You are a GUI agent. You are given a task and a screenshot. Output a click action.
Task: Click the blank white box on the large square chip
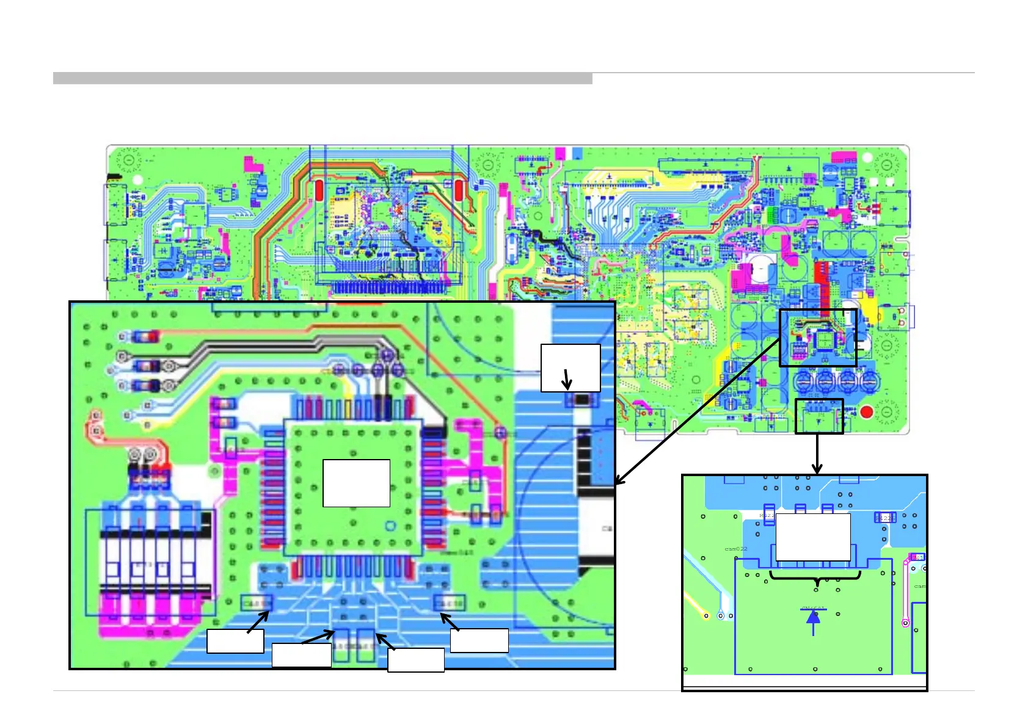point(356,483)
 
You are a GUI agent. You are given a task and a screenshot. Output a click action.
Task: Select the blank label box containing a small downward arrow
point(571,367)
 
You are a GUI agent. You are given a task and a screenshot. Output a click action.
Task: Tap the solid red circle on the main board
point(866,412)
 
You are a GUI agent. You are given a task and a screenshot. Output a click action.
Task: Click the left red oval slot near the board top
point(318,190)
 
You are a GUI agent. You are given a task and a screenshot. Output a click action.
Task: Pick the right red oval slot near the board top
point(459,190)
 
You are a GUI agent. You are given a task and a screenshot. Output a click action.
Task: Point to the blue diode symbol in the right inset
point(813,617)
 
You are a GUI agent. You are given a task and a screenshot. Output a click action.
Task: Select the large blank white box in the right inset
point(812,537)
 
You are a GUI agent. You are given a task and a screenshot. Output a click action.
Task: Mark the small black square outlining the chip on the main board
point(818,338)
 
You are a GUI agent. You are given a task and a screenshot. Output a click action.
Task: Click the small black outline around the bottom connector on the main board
point(819,416)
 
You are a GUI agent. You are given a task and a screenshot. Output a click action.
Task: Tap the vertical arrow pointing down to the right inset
point(817,454)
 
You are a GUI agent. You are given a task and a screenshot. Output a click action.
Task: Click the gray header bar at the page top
point(323,78)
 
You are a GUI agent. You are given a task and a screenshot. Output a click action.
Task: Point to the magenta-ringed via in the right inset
point(905,623)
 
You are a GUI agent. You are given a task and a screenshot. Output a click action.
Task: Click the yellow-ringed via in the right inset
point(707,615)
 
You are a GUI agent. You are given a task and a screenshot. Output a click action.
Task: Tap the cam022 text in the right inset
point(736,549)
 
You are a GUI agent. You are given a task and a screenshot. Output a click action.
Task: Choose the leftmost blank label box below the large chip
point(235,641)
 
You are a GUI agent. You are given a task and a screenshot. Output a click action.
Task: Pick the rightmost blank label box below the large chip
point(479,640)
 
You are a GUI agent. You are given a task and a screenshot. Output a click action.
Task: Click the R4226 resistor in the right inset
point(885,518)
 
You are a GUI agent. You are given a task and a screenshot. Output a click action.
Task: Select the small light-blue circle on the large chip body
point(389,526)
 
